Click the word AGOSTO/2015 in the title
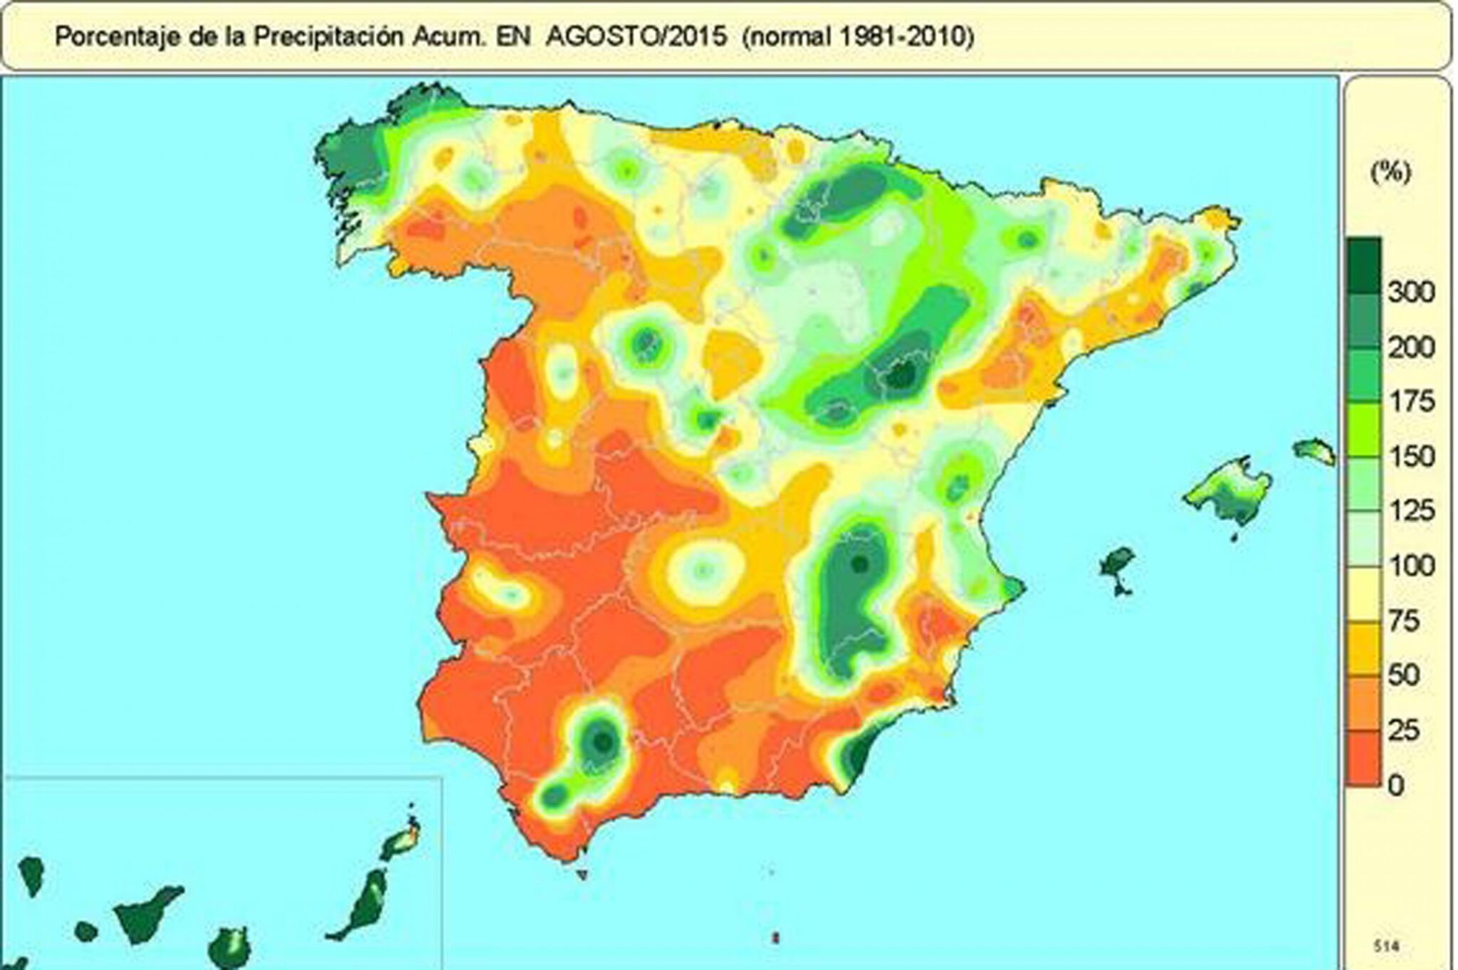coord(636,36)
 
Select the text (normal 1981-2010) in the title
coord(858,36)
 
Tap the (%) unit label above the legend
coord(1390,173)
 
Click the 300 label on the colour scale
coord(1411,292)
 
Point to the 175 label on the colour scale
coord(1411,401)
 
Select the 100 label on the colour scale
coord(1411,566)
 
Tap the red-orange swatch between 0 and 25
coord(1363,759)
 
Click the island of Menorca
coord(1314,451)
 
